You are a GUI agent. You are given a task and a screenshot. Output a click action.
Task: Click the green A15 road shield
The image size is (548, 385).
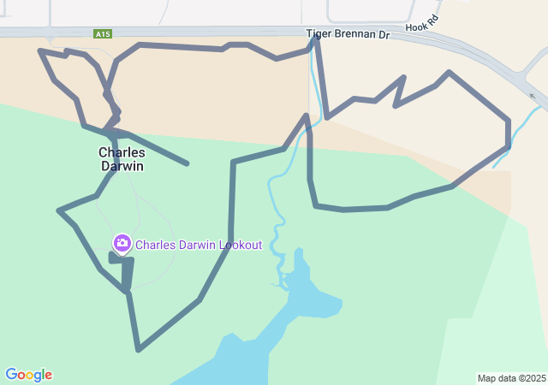coord(103,34)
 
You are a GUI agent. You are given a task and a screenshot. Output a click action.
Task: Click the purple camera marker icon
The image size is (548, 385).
coord(122,244)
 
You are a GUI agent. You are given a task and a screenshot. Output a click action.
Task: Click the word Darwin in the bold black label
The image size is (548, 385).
coord(122,166)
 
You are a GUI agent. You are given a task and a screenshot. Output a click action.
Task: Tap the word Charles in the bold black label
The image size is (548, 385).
coord(122,152)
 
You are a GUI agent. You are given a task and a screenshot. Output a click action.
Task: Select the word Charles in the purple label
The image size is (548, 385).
coord(155,245)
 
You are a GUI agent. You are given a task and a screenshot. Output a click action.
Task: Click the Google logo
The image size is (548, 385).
coord(28,375)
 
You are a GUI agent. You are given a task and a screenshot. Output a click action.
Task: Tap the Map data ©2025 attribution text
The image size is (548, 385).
coord(511,378)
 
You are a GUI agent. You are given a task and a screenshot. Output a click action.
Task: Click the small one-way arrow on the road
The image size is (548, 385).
coord(533,96)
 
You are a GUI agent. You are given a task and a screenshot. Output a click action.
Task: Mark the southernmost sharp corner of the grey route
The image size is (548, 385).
coord(139,349)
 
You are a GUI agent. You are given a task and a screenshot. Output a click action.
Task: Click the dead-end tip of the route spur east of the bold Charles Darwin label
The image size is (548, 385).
coord(187,163)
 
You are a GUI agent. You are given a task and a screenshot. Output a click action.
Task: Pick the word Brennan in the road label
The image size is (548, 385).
coord(353,34)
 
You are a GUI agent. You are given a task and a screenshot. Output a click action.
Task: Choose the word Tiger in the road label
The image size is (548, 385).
coord(319,34)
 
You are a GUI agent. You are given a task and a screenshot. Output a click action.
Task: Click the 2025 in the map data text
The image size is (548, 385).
coord(534,378)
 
